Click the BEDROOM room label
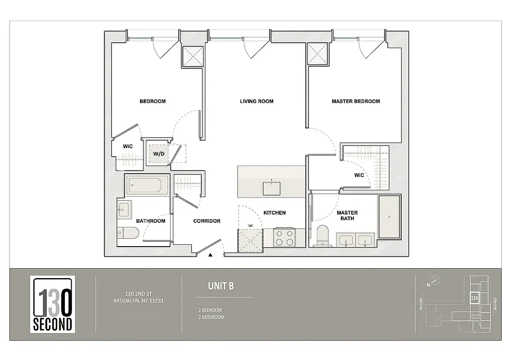152,101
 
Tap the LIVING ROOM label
256,101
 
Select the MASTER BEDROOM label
355,101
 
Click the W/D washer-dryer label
158,154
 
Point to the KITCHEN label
274,213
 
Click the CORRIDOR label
207,221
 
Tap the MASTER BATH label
347,216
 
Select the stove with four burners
284,238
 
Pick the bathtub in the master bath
389,217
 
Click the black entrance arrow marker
210,255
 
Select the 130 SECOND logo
53,305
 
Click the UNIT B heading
221,286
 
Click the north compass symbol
435,280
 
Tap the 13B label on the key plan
474,298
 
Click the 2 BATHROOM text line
211,317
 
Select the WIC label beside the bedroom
127,146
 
